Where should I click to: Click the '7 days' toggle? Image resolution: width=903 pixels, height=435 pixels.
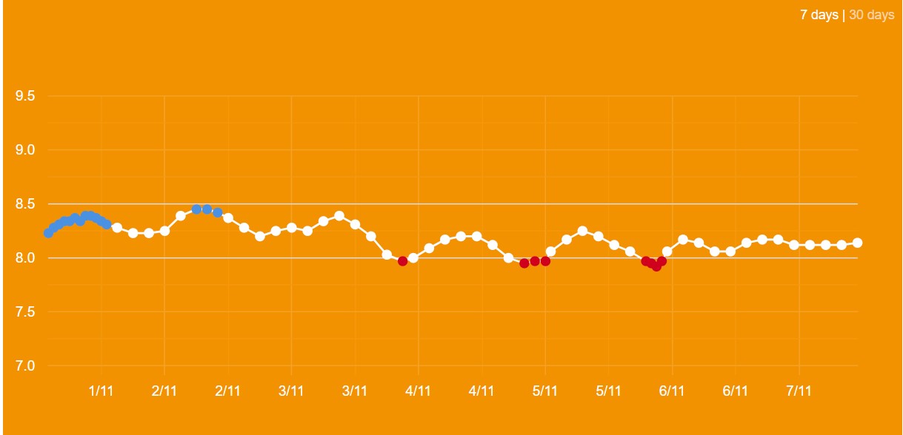[819, 15]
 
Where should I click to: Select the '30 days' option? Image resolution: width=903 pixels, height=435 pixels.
[871, 15]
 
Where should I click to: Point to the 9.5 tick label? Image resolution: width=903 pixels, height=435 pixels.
[26, 96]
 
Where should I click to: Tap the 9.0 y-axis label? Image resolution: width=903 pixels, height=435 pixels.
[26, 150]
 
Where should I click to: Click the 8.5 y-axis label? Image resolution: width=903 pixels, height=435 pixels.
[26, 204]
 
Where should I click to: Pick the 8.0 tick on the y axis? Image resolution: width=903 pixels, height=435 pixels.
[26, 258]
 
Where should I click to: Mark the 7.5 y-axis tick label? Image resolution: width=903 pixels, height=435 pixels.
[26, 312]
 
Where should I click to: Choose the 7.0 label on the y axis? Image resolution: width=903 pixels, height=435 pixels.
[26, 366]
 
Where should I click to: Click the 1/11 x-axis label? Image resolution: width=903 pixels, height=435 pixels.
[101, 391]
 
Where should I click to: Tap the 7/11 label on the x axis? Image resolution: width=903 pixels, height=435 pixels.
[799, 391]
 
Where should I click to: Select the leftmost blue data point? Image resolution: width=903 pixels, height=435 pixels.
[48, 233]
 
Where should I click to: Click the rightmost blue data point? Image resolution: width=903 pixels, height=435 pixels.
[218, 212]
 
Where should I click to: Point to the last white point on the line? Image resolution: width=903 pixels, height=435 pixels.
[858, 243]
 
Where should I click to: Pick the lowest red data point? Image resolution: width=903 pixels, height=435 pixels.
[656, 266]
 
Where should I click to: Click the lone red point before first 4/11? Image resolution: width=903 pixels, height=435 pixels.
[403, 261]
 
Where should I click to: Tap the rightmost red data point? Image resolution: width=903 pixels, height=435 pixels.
[662, 261]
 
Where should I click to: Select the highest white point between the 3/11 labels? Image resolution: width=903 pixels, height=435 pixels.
[339, 216]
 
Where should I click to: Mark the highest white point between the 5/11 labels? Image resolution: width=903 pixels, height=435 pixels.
[582, 231]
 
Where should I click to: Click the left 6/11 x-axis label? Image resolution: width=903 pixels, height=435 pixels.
[672, 391]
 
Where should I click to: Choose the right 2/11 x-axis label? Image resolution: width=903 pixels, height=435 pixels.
[228, 391]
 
